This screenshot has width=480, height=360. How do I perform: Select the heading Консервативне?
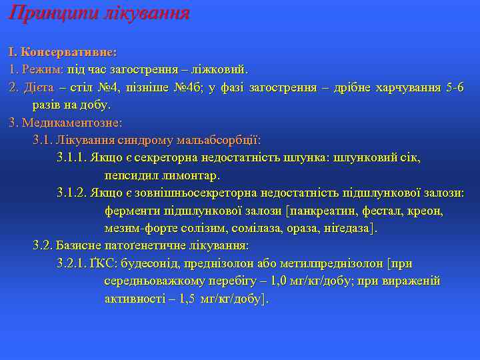[69, 51]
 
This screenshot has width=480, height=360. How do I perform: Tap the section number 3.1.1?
[72, 158]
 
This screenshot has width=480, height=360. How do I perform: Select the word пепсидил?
[129, 176]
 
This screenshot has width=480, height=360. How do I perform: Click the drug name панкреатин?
[324, 211]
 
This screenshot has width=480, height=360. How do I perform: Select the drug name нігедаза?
[346, 229]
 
